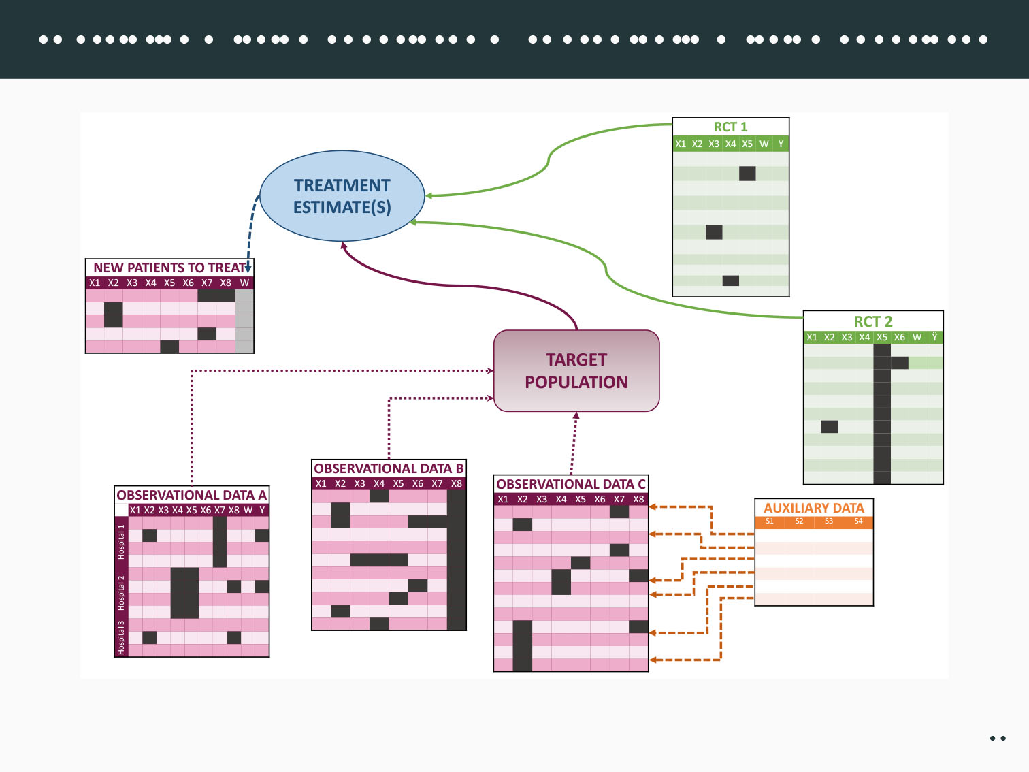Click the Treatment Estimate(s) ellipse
pyautogui.click(x=342, y=196)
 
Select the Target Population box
pyautogui.click(x=576, y=371)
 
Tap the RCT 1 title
pyautogui.click(x=730, y=127)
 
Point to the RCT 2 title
pyautogui.click(x=873, y=321)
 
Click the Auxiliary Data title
pyautogui.click(x=814, y=508)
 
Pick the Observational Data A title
pyautogui.click(x=191, y=495)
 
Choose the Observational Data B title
pyautogui.click(x=389, y=468)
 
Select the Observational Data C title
pyautogui.click(x=570, y=484)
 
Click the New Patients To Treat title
pyautogui.click(x=169, y=268)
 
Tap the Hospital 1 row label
pyautogui.click(x=121, y=542)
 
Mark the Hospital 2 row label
pyautogui.click(x=121, y=592)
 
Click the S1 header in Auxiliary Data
pyautogui.click(x=770, y=521)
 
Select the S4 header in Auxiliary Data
pyautogui.click(x=858, y=521)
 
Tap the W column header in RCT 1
pyautogui.click(x=764, y=144)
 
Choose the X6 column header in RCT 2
pyautogui.click(x=900, y=337)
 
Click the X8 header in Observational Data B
pyautogui.click(x=456, y=483)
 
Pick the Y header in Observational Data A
pyautogui.click(x=262, y=510)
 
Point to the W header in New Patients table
pyautogui.click(x=244, y=283)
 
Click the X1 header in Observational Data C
pyautogui.click(x=503, y=499)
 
